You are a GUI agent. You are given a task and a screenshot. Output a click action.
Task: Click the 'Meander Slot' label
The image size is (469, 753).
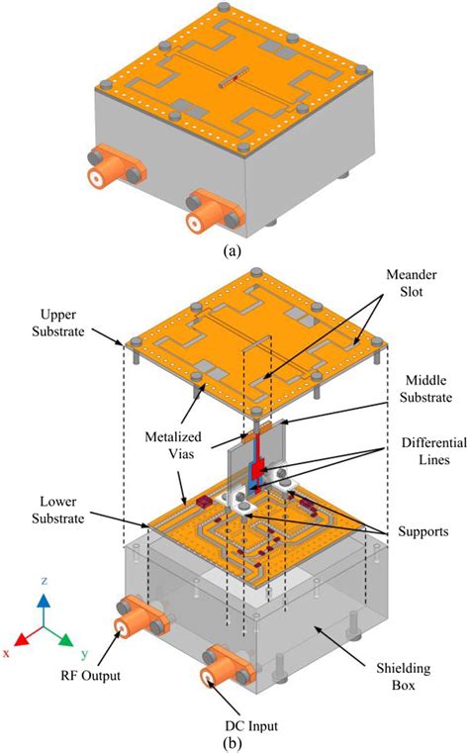point(412,283)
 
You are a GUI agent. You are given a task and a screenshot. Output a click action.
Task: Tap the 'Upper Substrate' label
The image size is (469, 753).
point(58,323)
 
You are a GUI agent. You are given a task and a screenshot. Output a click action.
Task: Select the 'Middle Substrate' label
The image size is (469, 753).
point(425,389)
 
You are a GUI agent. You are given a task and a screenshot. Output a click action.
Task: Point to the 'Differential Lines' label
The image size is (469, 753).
point(434,451)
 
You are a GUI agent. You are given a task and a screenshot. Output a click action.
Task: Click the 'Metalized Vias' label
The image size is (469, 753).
point(173,444)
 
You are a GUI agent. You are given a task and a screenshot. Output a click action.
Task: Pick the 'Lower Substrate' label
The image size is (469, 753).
point(58,510)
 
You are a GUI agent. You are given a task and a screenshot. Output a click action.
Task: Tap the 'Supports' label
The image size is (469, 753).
point(422,531)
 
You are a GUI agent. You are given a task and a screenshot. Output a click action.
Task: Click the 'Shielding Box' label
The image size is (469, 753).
point(404,676)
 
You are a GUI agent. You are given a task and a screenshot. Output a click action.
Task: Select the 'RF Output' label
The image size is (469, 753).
point(90,675)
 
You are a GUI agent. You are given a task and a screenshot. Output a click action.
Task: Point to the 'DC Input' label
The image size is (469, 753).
point(251,725)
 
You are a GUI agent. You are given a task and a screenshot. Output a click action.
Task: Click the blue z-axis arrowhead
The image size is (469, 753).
point(44,601)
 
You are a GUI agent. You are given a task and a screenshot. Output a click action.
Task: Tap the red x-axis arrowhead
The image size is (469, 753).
point(21,638)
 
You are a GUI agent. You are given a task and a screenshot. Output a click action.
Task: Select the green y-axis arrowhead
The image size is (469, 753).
point(66,639)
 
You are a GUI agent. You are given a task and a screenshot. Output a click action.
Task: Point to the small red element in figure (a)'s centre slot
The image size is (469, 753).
point(235,77)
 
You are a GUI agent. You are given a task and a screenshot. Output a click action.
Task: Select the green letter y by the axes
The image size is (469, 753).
point(84,654)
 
